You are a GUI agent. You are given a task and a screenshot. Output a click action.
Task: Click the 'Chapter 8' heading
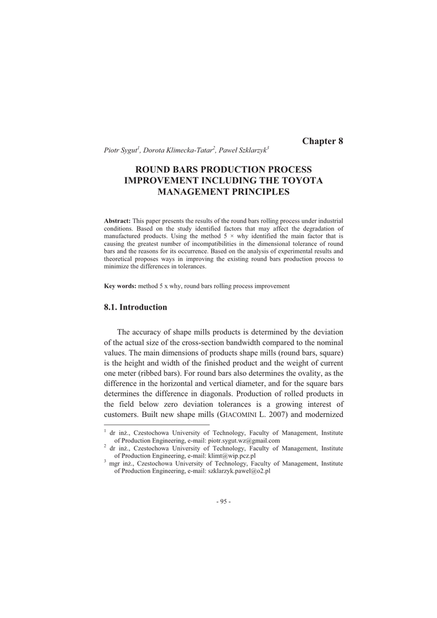coord(322,141)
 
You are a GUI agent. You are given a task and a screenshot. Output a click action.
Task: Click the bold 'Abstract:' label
coord(118,221)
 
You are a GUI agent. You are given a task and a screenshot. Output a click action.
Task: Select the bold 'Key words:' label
coord(121,285)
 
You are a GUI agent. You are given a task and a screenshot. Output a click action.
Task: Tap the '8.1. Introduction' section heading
coord(136,307)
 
